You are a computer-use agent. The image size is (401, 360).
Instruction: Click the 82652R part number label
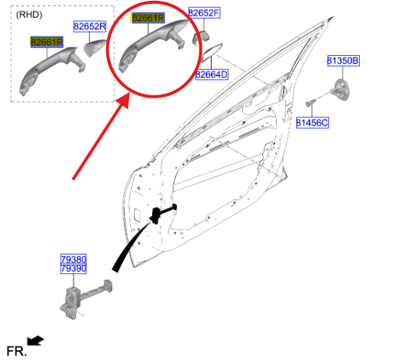[90, 26]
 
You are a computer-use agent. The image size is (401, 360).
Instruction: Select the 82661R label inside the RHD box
[47, 42]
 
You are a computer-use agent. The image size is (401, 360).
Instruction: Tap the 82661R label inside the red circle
[148, 18]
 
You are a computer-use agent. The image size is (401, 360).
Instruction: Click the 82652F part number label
[204, 12]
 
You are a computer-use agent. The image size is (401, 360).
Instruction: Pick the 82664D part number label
[212, 74]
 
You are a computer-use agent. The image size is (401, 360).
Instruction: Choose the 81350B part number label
[343, 61]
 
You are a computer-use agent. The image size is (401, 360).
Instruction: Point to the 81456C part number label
[313, 123]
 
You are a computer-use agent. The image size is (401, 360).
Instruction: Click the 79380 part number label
[74, 259]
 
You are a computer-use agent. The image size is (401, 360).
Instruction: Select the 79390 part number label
[74, 268]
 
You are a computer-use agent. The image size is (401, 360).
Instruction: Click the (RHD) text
[29, 15]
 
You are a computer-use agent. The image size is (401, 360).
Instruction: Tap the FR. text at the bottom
[16, 351]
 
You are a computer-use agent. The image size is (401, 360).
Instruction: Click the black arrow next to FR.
[36, 341]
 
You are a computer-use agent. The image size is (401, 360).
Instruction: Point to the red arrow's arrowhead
[123, 100]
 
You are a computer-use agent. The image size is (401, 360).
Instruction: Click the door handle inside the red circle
[153, 44]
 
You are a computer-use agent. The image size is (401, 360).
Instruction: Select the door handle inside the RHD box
[52, 69]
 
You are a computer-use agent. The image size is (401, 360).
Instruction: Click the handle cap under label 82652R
[95, 48]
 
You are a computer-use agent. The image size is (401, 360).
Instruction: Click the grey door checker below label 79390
[85, 299]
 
